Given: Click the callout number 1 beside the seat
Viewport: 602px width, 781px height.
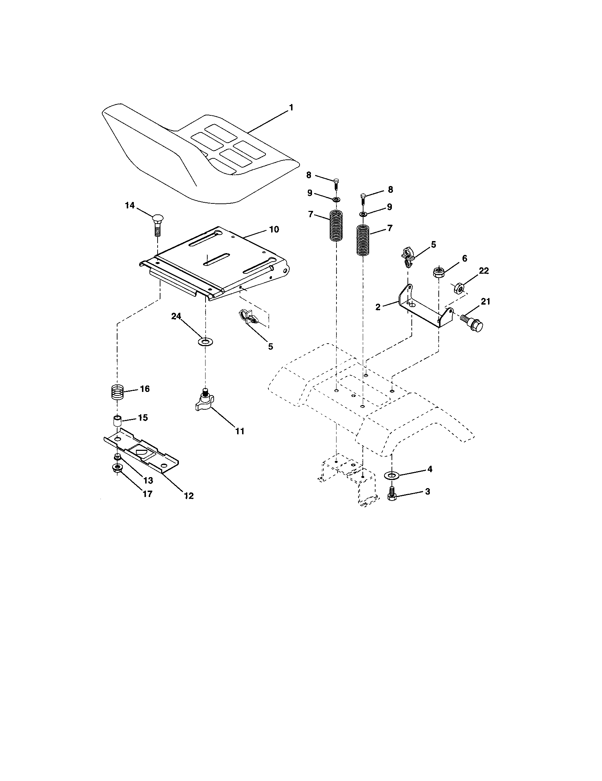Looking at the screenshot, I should tap(291, 107).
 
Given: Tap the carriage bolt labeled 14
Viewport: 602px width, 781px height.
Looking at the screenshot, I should tap(158, 224).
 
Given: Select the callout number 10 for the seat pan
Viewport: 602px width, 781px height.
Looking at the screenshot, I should tap(274, 229).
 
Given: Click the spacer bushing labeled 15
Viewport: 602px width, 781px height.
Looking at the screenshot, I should tap(116, 420).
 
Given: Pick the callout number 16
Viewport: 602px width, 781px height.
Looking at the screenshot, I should tap(144, 389).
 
